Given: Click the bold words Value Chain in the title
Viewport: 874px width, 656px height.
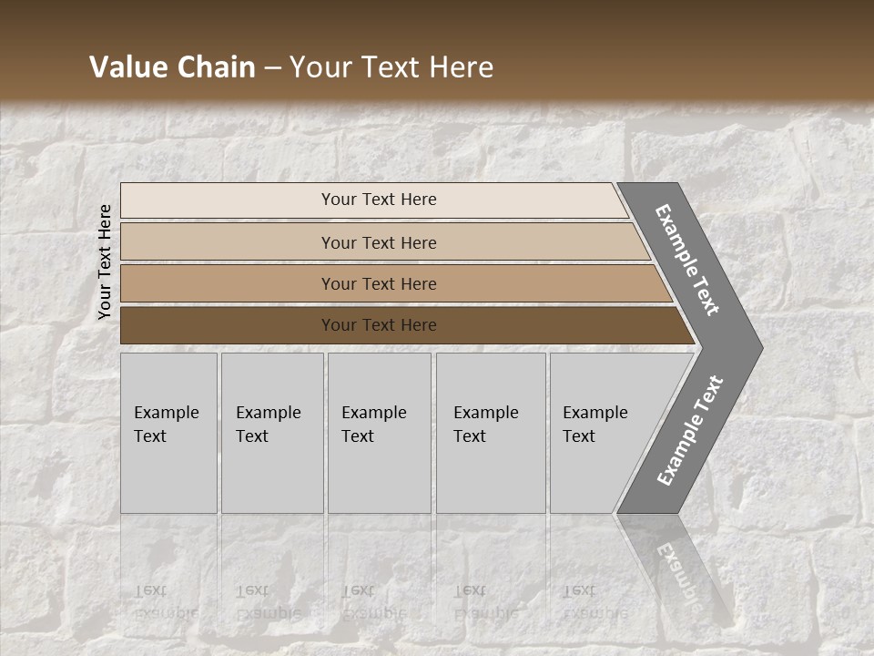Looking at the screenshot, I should click(172, 67).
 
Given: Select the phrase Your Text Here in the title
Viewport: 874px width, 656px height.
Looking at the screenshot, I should click(391, 67).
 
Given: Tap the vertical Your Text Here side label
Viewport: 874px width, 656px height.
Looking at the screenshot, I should click(105, 261).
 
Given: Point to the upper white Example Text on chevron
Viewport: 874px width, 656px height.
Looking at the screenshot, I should click(687, 260).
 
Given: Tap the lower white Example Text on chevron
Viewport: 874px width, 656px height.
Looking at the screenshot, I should click(690, 431).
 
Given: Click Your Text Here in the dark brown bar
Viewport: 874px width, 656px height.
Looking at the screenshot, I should click(379, 325).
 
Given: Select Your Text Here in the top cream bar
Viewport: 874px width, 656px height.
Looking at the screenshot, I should click(379, 200).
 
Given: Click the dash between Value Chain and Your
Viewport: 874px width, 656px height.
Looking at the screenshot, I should click(272, 67).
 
